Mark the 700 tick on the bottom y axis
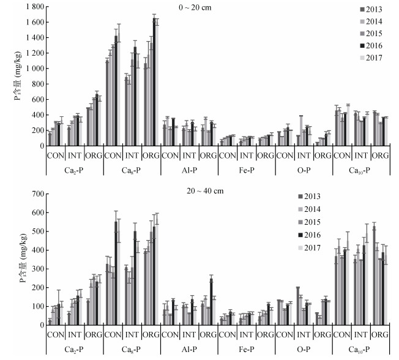[35, 194]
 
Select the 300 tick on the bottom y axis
[35, 269]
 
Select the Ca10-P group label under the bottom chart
[361, 349]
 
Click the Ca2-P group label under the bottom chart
[73, 349]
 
